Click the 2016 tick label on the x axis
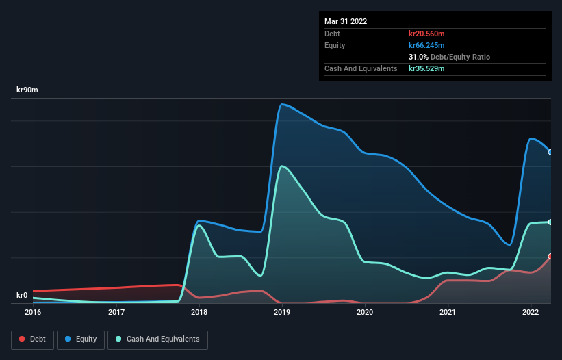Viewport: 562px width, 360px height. tap(33, 313)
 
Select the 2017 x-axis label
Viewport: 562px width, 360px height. tap(116, 313)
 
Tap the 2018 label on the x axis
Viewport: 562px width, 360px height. tap(199, 313)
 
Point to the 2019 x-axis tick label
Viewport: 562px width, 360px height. tap(282, 313)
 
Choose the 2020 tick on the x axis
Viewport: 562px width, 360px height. tap(365, 313)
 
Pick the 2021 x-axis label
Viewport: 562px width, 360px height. tap(448, 313)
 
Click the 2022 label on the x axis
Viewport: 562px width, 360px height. tap(531, 313)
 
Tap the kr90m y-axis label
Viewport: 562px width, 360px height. tap(28, 90)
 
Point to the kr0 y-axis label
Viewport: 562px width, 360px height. tap(23, 296)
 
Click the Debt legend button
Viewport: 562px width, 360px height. tap(32, 339)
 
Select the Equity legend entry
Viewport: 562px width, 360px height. tap(81, 339)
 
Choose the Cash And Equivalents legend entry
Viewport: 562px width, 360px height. tap(157, 339)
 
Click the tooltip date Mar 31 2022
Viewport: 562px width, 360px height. tap(346, 21)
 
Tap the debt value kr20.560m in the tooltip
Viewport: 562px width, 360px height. tap(426, 34)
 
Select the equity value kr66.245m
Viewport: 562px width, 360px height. tap(426, 45)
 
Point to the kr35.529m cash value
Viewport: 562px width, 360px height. tap(426, 68)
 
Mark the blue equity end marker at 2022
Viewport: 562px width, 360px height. tap(550, 152)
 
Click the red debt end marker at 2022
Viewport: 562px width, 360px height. tap(550, 257)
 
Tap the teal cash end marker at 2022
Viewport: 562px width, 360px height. tap(550, 222)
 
